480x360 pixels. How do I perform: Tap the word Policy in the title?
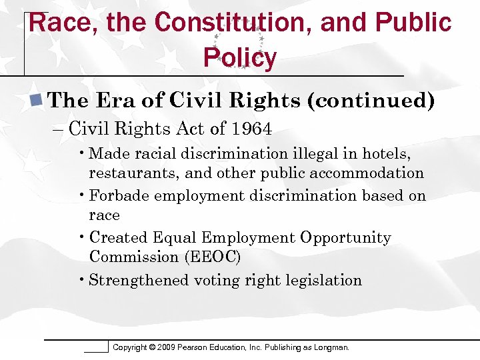[x=240, y=58]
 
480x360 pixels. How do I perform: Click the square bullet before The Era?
[x=37, y=101]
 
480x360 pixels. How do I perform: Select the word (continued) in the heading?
[x=371, y=101]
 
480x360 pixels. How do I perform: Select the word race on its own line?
[x=105, y=215]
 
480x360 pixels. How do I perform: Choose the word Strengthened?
[x=139, y=280]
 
